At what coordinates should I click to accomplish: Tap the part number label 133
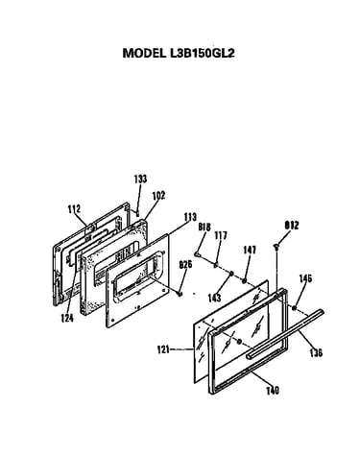(x=140, y=179)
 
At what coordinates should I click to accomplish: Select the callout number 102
(x=158, y=195)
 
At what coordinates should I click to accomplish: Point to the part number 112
(x=74, y=209)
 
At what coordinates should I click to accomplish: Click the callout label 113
(x=190, y=217)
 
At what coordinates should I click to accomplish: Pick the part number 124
(x=67, y=318)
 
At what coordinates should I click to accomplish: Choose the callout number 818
(x=204, y=228)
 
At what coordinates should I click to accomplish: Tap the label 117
(x=221, y=235)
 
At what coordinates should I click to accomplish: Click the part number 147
(x=250, y=250)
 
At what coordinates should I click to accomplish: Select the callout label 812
(x=292, y=226)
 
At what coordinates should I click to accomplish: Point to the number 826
(x=185, y=265)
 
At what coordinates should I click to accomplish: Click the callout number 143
(x=214, y=298)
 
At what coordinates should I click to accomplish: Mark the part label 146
(x=305, y=278)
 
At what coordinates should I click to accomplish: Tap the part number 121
(x=163, y=349)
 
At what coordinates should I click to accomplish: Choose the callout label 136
(x=316, y=352)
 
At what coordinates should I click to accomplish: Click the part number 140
(x=273, y=391)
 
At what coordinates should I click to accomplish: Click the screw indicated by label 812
(x=276, y=246)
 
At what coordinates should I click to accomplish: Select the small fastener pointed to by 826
(x=180, y=293)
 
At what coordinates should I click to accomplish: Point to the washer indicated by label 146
(x=294, y=308)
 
